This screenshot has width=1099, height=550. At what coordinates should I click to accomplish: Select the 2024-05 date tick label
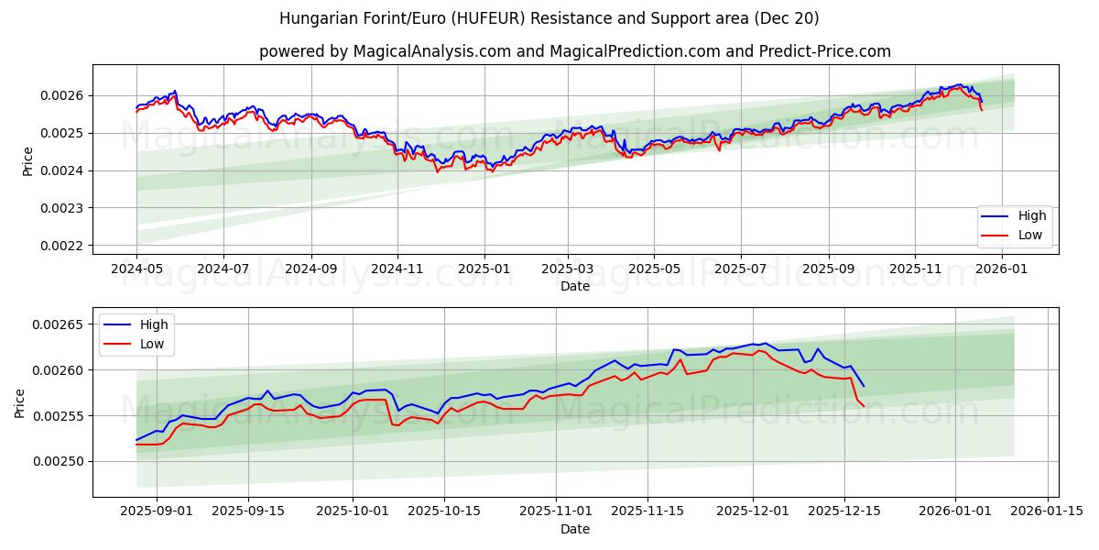coord(136,269)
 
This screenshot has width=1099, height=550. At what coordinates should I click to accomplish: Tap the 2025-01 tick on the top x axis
coord(484,269)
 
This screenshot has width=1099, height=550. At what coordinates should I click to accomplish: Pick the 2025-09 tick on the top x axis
coord(828,269)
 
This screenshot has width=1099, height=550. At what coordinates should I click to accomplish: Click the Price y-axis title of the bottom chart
coord(20,402)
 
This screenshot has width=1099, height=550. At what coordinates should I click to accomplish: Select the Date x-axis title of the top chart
coord(575,287)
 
